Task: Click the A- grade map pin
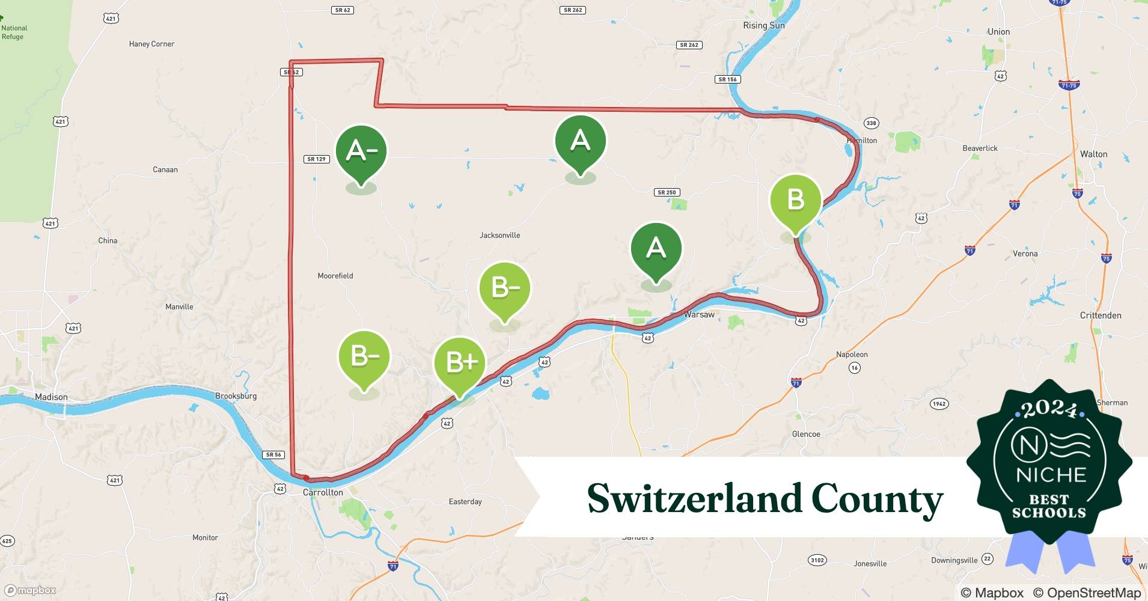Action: (x=361, y=151)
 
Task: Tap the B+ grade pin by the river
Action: (x=460, y=362)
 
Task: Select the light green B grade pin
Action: (x=795, y=200)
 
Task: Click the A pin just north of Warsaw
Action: (x=656, y=248)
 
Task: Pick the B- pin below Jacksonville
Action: (x=505, y=288)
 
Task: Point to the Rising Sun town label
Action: (x=763, y=25)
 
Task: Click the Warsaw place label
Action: (x=699, y=314)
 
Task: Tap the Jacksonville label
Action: (x=499, y=235)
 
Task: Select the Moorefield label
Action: (x=335, y=276)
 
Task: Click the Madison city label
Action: (x=51, y=397)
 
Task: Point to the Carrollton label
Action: (x=323, y=492)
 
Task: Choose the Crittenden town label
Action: (x=1100, y=315)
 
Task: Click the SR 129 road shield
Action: (x=316, y=159)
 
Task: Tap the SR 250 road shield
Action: (x=667, y=192)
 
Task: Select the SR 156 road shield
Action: (x=727, y=79)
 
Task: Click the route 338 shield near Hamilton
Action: (x=871, y=123)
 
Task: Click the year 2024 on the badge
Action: (x=1049, y=409)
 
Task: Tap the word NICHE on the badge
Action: (x=1051, y=475)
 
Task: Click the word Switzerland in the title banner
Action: (x=693, y=499)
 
